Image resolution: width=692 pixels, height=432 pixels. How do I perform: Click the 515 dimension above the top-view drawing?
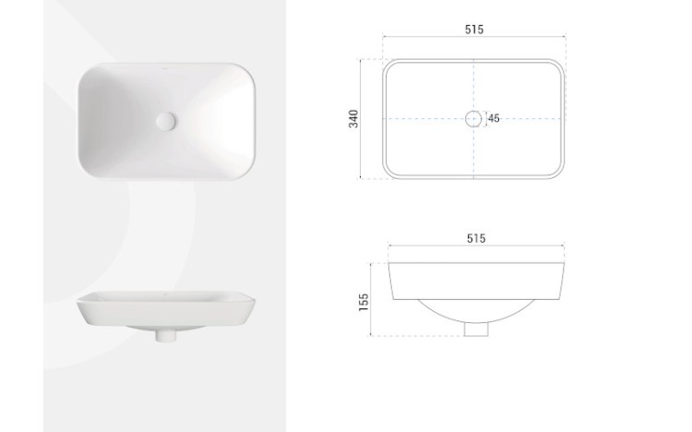tap(474, 30)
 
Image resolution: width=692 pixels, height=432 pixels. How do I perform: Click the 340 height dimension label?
tap(354, 119)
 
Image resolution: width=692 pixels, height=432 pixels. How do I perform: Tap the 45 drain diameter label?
tap(494, 118)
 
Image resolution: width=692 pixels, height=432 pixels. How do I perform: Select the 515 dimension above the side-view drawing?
tap(476, 238)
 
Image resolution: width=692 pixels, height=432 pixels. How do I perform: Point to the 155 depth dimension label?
tap(364, 303)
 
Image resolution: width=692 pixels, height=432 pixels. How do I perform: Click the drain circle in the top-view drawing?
tap(473, 118)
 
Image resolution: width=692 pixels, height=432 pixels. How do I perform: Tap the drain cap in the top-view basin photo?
tap(166, 121)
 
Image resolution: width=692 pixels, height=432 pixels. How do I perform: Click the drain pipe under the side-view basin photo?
tap(166, 335)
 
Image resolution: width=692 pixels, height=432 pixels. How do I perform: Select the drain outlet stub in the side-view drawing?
tap(476, 330)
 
